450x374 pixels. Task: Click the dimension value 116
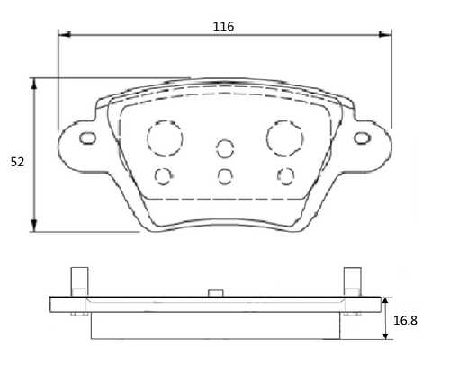(x=223, y=27)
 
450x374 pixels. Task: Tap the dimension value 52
(x=17, y=162)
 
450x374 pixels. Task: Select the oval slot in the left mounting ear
(x=87, y=138)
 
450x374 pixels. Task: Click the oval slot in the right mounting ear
(x=363, y=138)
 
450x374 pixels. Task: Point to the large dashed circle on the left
(x=164, y=137)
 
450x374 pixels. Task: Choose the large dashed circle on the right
(x=284, y=137)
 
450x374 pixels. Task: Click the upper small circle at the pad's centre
(x=224, y=148)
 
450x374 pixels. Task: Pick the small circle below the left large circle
(x=163, y=174)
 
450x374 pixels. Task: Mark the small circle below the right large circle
(x=286, y=174)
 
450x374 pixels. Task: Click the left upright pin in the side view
(x=78, y=280)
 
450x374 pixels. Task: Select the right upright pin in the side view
(x=352, y=280)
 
